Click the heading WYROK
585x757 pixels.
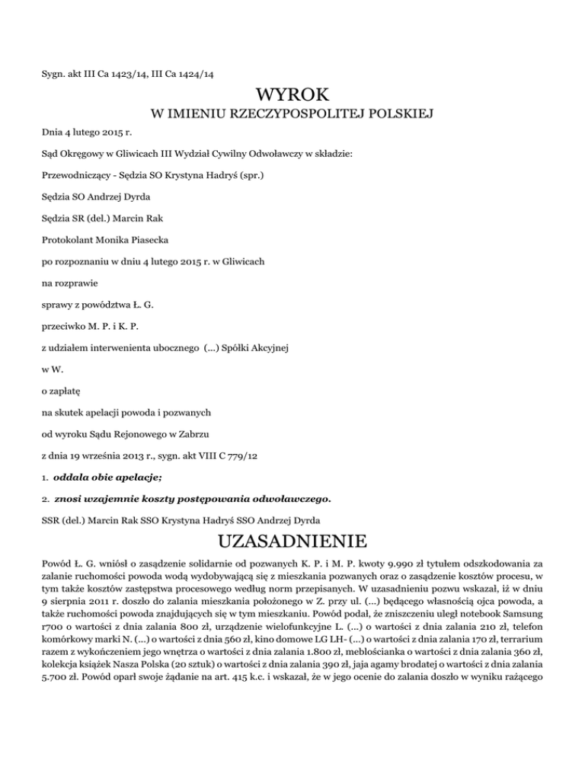(292, 97)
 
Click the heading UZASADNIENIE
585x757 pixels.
(292, 543)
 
